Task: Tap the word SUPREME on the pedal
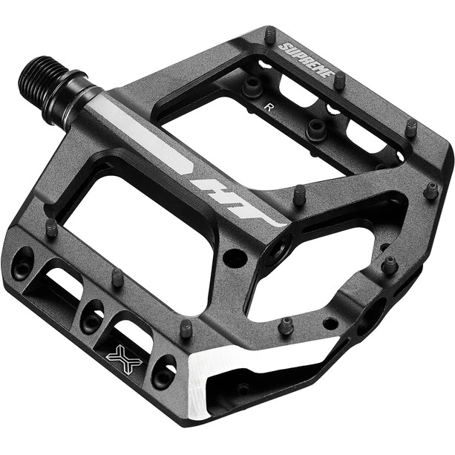coord(304,60)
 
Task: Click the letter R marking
coord(269,108)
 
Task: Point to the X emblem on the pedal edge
coord(124,359)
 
